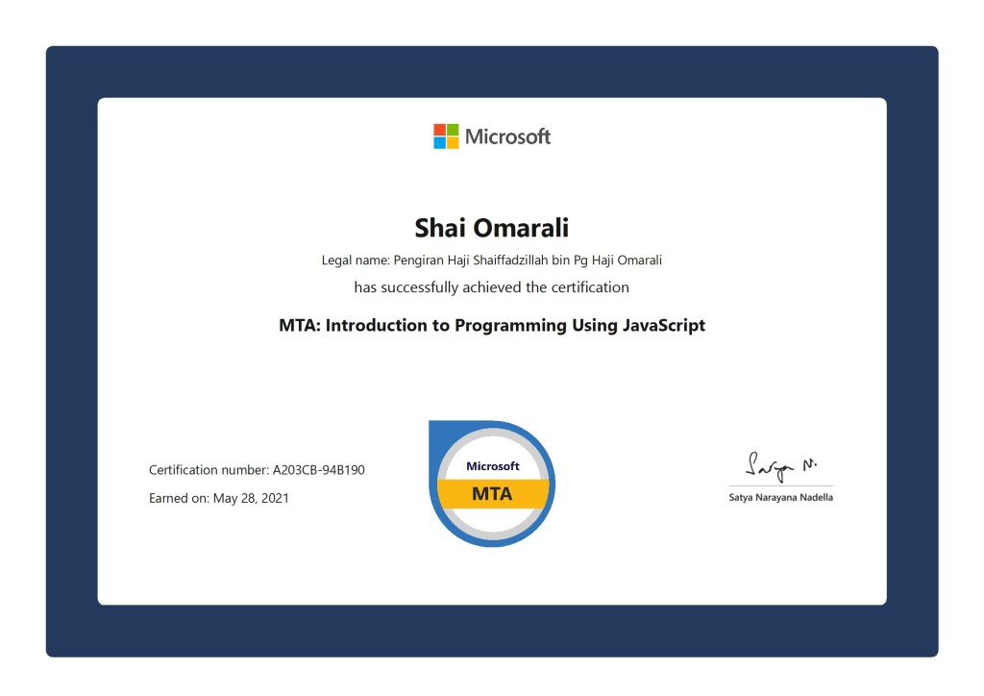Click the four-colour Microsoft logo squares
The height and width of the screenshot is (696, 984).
tap(446, 137)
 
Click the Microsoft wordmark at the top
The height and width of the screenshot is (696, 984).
tap(507, 137)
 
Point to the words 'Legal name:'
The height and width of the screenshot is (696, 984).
tap(353, 260)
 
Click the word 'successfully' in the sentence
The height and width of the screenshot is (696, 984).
tap(427, 286)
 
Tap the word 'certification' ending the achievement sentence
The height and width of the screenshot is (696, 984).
tap(589, 286)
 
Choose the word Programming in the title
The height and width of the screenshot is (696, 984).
tap(510, 326)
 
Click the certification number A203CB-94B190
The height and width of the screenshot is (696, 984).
tap(319, 470)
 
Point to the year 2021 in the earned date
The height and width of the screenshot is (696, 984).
tap(274, 498)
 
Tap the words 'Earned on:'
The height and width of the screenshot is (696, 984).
tap(179, 498)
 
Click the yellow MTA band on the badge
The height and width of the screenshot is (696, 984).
tap(492, 494)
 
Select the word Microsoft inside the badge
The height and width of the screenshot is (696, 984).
tap(492, 466)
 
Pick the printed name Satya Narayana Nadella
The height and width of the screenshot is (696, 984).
tap(780, 497)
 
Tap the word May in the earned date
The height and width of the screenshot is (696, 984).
tap(225, 498)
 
